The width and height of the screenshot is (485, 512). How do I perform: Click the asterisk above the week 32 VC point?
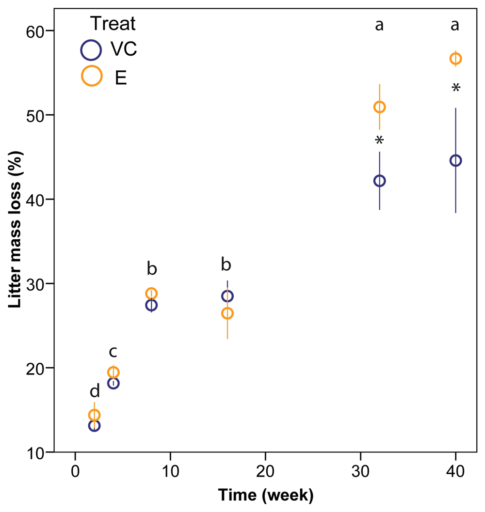(x=379, y=141)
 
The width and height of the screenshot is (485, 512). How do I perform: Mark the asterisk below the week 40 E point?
(x=456, y=88)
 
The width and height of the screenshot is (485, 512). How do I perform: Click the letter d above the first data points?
(x=95, y=391)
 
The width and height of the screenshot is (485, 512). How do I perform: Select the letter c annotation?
(x=113, y=352)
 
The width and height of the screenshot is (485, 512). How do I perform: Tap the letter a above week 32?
(x=379, y=25)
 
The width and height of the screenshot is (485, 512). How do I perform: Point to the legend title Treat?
(x=113, y=24)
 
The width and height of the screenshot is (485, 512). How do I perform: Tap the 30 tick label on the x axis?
(x=360, y=471)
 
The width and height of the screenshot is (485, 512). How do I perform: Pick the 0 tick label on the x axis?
(x=75, y=471)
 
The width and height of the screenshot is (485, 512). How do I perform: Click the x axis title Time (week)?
(x=266, y=495)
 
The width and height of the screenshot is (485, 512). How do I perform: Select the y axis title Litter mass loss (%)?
(x=15, y=230)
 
